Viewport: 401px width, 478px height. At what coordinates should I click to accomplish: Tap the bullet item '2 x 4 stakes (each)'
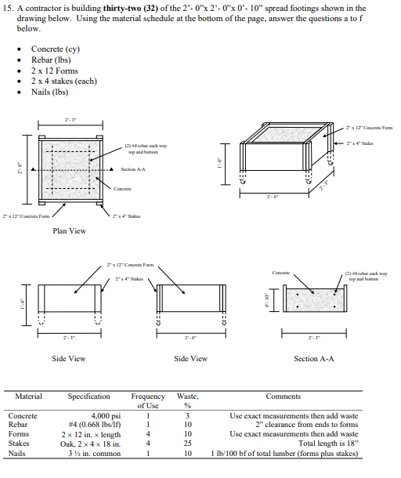64,81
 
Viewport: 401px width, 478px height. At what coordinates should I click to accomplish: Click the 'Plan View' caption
69,230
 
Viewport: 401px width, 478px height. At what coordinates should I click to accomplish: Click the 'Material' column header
28,397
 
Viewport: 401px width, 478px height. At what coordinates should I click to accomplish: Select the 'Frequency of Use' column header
147,401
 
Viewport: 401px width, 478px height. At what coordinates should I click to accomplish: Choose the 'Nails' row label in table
17,453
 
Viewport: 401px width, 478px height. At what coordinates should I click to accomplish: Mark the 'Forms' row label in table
18,434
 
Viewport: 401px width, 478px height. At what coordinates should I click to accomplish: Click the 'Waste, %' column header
188,401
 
